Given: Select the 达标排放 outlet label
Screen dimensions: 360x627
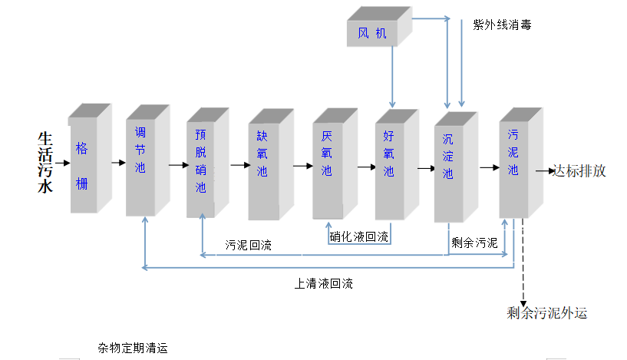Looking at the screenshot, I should pos(580,171).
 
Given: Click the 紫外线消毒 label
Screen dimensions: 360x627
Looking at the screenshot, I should pos(502,25).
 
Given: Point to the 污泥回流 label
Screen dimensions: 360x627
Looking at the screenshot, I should pos(248,246).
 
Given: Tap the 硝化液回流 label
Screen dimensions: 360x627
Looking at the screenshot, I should pos(358,236).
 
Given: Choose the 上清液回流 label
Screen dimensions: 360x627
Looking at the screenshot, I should pos(324,283).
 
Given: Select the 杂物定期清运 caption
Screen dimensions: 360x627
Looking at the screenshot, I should pos(133,348).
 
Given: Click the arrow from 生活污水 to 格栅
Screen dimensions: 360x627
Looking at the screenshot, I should pos(62,163).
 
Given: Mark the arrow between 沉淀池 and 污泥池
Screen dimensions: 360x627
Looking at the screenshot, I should pos(488,166).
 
